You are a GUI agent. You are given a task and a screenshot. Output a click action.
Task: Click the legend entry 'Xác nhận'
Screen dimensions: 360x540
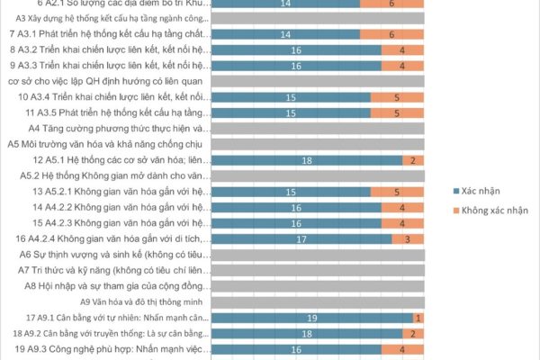tap(482, 192)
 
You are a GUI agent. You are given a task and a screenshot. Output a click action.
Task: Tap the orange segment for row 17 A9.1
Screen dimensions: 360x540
tap(418, 318)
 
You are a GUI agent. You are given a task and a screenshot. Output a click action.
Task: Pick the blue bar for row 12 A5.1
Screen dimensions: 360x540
tap(307, 160)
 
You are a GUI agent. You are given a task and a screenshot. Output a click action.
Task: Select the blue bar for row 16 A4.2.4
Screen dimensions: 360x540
tap(301, 238)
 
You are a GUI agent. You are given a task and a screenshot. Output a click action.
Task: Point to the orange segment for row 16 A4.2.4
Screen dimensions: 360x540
tap(408, 238)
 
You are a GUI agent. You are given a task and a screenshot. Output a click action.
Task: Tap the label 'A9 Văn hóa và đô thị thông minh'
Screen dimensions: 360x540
tap(144, 301)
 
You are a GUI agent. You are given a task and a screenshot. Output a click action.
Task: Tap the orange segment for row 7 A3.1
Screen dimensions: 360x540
tap(392, 34)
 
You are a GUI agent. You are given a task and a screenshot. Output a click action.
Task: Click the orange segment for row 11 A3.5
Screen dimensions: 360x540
tap(397, 112)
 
